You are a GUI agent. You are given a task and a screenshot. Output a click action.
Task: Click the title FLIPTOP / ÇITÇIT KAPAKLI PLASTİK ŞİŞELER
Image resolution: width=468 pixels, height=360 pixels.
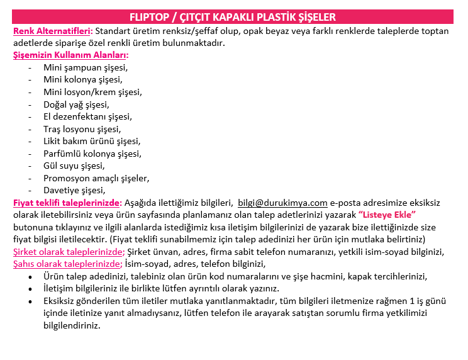click(x=233, y=17)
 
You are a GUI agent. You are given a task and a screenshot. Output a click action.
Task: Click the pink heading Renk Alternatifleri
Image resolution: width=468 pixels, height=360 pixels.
click(x=52, y=30)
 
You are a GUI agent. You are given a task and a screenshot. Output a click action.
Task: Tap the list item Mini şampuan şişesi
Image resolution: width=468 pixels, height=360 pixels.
click(x=85, y=67)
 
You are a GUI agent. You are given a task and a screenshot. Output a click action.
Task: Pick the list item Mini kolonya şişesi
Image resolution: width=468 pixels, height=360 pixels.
click(x=82, y=79)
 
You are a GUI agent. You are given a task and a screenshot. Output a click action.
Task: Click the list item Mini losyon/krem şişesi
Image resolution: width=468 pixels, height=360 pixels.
click(x=92, y=92)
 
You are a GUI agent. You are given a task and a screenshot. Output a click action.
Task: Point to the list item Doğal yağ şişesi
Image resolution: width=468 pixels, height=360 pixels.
click(x=76, y=104)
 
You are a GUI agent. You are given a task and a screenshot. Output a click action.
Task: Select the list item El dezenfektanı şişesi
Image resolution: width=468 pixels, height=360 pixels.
click(x=87, y=116)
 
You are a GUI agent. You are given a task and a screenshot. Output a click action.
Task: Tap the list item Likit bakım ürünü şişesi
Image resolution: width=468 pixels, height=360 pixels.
click(x=92, y=141)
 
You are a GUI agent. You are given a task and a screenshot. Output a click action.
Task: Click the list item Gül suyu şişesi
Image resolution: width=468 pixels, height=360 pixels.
click(x=74, y=166)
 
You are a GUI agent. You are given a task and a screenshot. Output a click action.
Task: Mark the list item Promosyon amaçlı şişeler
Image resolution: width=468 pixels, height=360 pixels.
click(x=96, y=178)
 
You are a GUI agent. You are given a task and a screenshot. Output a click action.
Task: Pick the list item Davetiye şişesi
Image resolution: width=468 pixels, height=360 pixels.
click(x=74, y=190)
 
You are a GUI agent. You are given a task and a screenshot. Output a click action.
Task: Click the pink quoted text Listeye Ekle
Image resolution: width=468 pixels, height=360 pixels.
click(x=387, y=215)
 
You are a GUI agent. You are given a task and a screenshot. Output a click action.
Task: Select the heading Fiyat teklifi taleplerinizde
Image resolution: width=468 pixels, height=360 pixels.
click(x=67, y=203)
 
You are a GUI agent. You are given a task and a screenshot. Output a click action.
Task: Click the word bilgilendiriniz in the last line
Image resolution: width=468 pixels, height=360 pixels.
click(x=72, y=325)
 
